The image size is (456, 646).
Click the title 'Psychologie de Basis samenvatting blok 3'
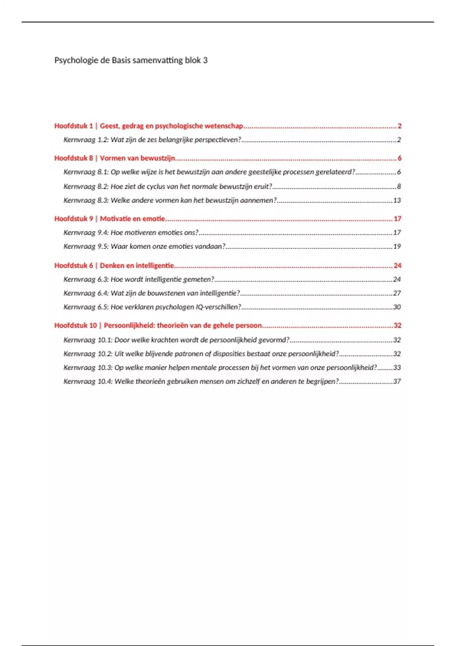(131, 60)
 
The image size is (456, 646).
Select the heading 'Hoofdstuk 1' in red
(73, 126)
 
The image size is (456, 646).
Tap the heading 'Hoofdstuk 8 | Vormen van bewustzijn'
(114, 158)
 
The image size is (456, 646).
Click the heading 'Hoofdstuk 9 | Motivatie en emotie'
(109, 219)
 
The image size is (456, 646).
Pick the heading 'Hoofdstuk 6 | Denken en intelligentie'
(114, 266)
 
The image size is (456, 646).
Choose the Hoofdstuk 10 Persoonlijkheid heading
(158, 326)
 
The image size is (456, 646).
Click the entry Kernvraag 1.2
(152, 140)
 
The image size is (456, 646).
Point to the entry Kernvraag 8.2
(168, 187)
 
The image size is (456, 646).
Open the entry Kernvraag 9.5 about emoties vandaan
(144, 247)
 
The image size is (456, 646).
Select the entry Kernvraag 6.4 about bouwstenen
(152, 293)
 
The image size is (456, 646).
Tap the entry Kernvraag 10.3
(220, 368)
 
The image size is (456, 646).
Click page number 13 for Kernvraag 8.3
(397, 201)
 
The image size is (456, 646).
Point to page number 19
(397, 247)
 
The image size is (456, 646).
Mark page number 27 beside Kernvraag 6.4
(397, 293)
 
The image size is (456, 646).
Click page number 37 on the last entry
(397, 382)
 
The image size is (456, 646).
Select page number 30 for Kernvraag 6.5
(397, 307)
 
